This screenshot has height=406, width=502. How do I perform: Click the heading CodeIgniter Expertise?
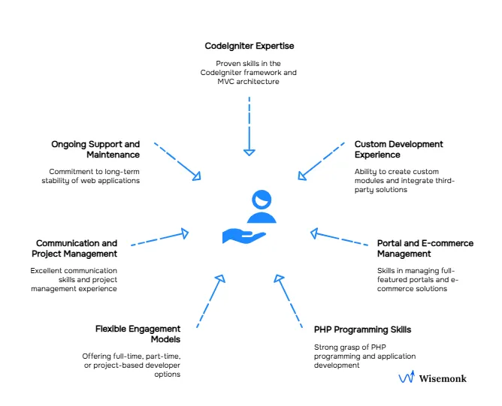[249, 46]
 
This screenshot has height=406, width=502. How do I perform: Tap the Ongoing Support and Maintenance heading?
[95, 149]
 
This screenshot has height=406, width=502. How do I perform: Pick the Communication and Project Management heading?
[77, 248]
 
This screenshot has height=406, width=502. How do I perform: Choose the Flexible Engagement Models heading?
[138, 333]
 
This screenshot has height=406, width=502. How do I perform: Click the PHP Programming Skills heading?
[362, 329]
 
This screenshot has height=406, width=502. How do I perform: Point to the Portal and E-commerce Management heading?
[425, 248]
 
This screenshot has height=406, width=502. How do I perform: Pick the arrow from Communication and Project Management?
[159, 239]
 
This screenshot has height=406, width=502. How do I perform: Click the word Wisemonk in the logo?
[442, 378]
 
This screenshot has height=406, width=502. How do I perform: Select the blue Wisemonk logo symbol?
[406, 377]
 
